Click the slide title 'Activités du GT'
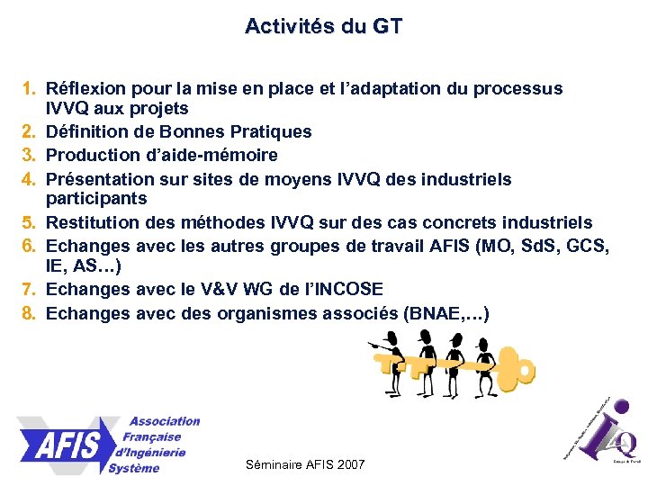(x=323, y=26)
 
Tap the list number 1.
(x=30, y=89)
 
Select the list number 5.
(x=30, y=222)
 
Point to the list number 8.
(x=30, y=313)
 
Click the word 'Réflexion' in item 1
(x=85, y=89)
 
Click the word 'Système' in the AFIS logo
(x=134, y=468)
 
